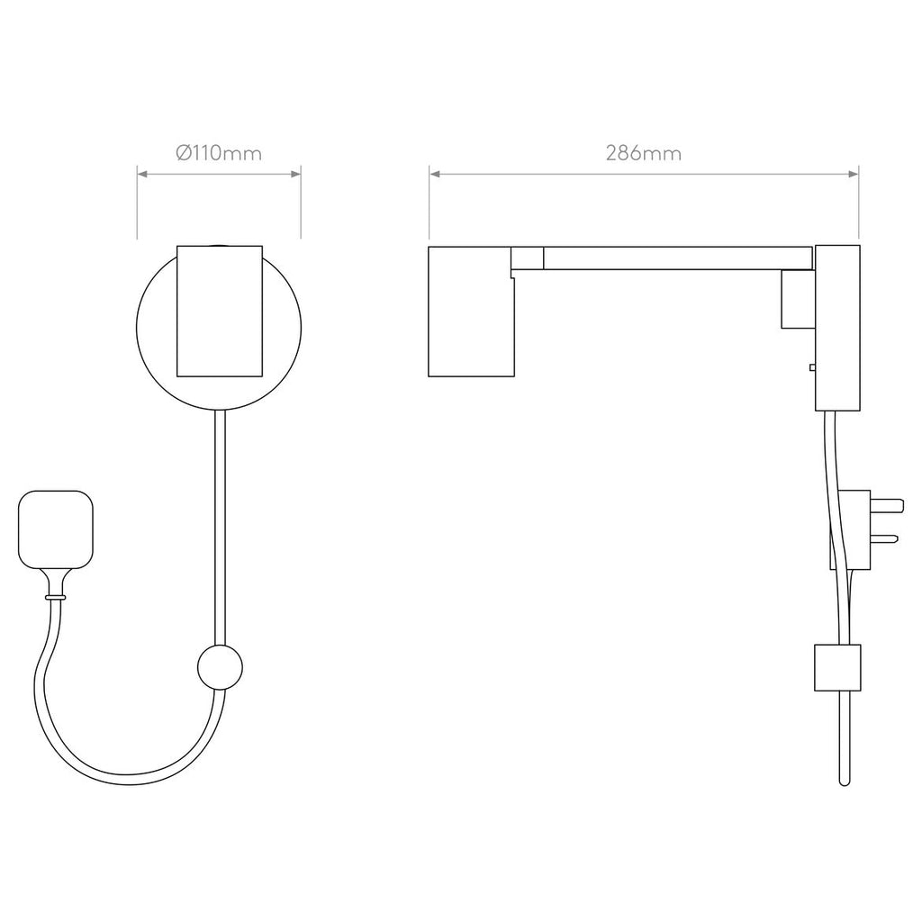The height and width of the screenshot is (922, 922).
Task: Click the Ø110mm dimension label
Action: point(219,153)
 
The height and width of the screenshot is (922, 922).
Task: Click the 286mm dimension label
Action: point(643,153)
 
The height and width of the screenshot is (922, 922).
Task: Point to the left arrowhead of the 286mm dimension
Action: point(434,175)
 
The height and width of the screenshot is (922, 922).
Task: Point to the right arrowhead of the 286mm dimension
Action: point(854,175)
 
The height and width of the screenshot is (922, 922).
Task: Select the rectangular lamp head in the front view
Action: point(220,310)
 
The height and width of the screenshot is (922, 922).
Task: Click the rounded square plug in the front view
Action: point(56,530)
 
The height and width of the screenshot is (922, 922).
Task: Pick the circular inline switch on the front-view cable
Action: point(219,667)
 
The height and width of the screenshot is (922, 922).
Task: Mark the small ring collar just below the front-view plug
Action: point(56,596)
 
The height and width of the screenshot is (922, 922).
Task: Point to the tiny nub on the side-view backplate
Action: point(812,367)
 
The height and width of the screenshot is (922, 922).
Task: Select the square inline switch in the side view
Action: point(837,667)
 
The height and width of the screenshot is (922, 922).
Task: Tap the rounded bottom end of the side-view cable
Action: point(844,780)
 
